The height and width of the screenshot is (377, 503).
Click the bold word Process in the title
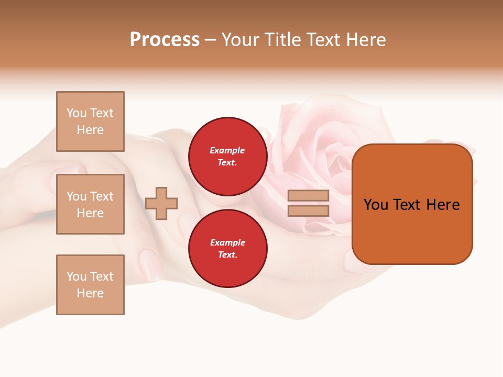click(165, 40)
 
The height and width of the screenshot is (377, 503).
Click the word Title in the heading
click(282, 40)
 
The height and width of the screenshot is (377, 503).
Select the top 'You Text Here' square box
click(90, 121)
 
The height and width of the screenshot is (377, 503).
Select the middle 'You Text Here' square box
click(90, 204)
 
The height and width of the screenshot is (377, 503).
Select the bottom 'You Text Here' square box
click(90, 285)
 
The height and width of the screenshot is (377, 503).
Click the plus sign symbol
click(161, 203)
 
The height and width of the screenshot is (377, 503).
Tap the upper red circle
click(227, 156)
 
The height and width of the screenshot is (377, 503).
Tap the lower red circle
click(227, 248)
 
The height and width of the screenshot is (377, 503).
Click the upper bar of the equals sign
click(308, 195)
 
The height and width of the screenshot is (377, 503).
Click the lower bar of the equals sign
click(308, 210)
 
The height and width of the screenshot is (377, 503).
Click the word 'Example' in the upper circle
click(227, 150)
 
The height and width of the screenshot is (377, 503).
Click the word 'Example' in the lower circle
click(227, 242)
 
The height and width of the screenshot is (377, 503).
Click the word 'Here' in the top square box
click(90, 130)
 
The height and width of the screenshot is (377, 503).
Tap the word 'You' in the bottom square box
click(76, 276)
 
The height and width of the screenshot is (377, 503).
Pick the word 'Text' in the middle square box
click(101, 196)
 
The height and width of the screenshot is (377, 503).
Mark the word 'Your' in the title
click(242, 40)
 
